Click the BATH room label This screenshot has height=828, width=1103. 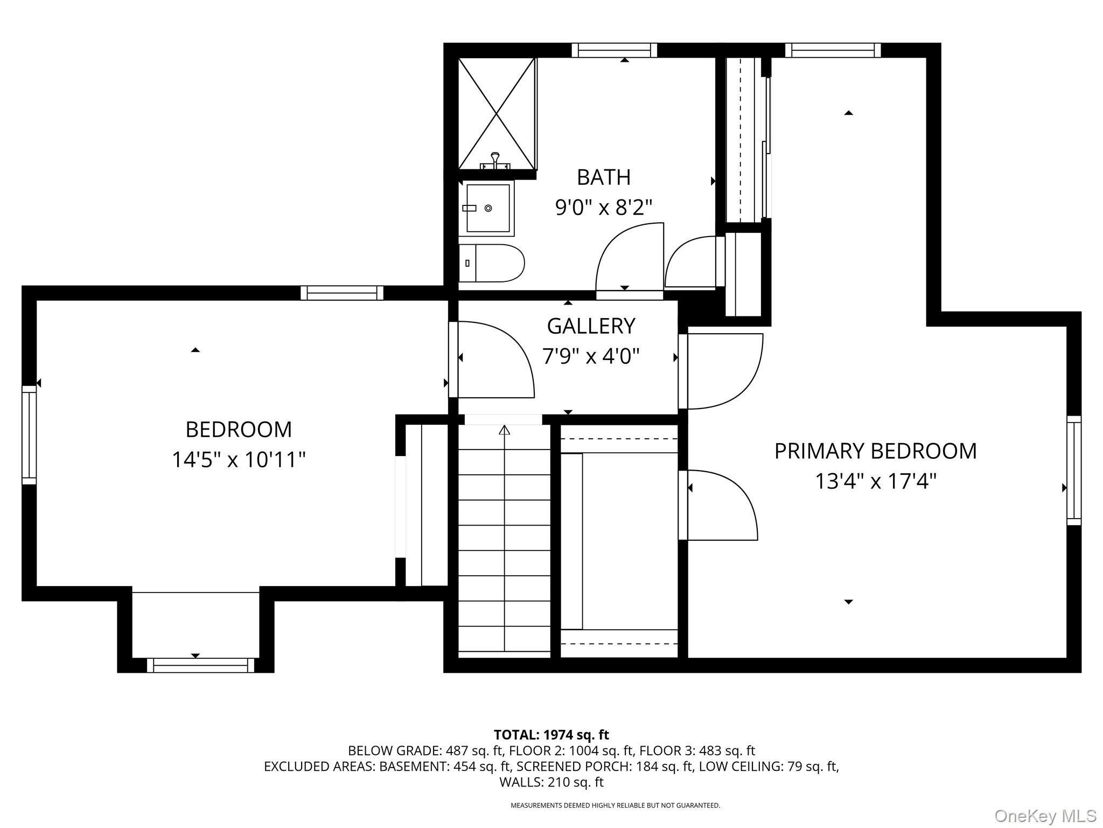pos(603,177)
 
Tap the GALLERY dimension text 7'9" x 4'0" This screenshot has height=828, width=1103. pos(591,356)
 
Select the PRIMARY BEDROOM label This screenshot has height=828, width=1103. pos(875,451)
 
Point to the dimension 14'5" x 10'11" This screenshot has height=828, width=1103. pos(239,460)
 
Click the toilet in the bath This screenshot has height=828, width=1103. pos(491,263)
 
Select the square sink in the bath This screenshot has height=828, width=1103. pos(488,208)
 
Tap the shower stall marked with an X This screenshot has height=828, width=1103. pos(496,114)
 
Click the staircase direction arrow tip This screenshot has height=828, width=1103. pos(504,430)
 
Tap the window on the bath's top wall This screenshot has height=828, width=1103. pos(614,50)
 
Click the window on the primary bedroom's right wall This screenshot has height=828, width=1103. pos(1074,470)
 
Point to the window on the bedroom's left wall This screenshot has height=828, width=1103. pos(29,434)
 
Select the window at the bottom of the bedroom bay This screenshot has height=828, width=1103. pos(200,665)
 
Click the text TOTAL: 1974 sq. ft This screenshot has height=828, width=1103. pos(551,735)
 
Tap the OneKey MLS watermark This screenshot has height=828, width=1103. pos(1045,816)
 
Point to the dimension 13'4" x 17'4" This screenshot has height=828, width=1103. pos(875,481)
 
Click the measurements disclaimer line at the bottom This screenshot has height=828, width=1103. pos(615,805)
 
